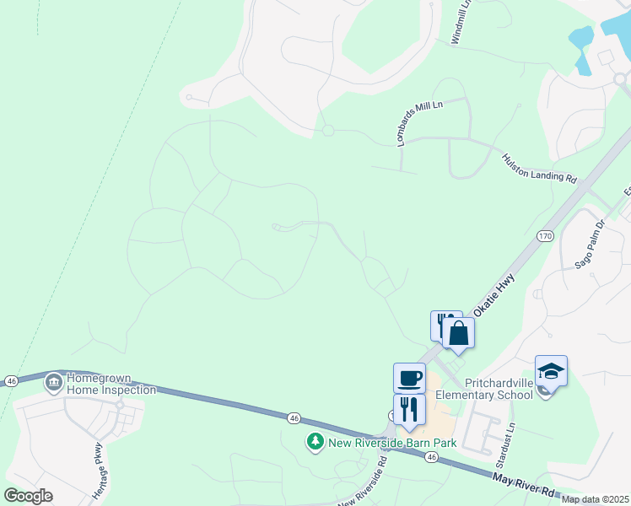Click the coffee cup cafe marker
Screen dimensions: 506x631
pyautogui.click(x=410, y=378)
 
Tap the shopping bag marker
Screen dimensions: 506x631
pyautogui.click(x=458, y=332)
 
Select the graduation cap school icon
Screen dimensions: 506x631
pyautogui.click(x=551, y=371)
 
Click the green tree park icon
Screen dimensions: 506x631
pyautogui.click(x=315, y=442)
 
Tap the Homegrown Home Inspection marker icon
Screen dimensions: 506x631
pyautogui.click(x=55, y=383)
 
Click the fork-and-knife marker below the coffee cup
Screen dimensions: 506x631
pyautogui.click(x=409, y=409)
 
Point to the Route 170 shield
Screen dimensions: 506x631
pyautogui.click(x=545, y=236)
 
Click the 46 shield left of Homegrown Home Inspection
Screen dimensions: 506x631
pyautogui.click(x=10, y=381)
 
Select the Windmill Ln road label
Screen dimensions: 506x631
pyautogui.click(x=461, y=23)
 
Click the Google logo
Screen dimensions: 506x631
pyautogui.click(x=28, y=496)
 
